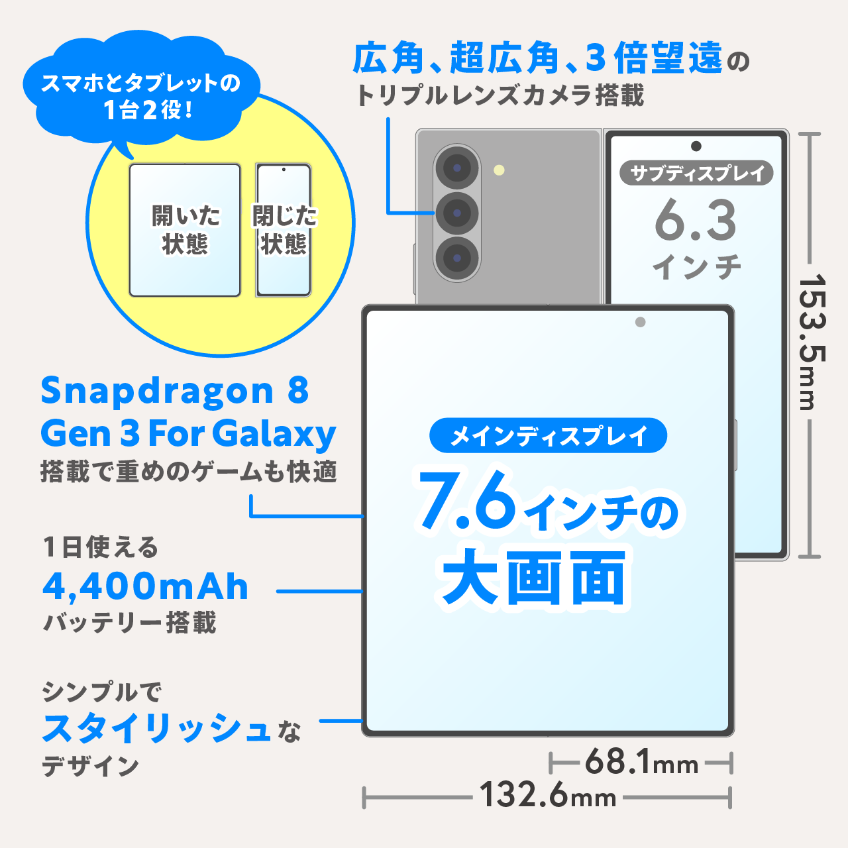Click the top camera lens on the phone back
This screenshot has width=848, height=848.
456,168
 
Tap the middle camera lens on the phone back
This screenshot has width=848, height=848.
456,213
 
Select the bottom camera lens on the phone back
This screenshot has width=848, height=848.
456,257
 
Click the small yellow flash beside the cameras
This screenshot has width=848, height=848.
499,170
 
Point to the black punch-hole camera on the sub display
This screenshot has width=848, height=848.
696,146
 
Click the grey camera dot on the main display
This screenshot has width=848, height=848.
640,322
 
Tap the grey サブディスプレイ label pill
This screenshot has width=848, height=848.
696,174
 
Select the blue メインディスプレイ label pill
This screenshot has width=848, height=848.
548,436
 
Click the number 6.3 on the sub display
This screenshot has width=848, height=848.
696,221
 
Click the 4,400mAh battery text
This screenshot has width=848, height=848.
146,586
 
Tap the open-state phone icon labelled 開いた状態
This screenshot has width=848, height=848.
185,230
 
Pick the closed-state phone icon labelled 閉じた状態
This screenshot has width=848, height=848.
284,230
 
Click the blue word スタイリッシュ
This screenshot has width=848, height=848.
156,729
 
